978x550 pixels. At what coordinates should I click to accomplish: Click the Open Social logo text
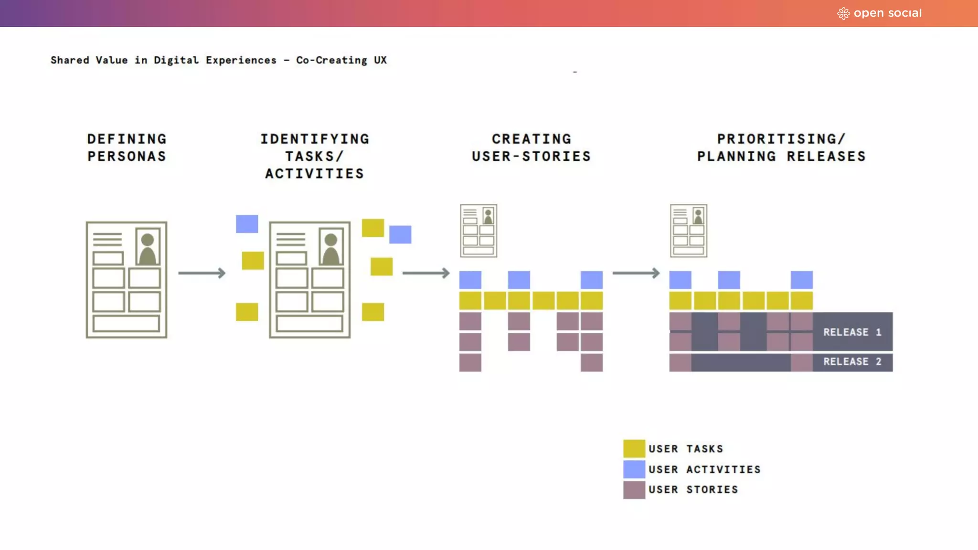tap(887, 13)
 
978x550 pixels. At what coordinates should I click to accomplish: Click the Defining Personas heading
tap(127, 148)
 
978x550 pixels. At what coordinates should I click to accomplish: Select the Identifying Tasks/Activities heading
tap(315, 156)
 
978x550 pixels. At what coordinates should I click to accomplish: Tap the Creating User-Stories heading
tap(531, 148)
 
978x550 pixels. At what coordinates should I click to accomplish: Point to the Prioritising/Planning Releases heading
tap(781, 148)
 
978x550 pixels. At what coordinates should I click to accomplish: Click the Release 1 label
tap(852, 332)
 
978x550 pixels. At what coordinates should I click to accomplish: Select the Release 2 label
tap(852, 362)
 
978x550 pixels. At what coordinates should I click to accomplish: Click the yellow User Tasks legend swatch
tap(634, 449)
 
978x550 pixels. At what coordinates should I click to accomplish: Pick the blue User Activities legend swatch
tap(634, 469)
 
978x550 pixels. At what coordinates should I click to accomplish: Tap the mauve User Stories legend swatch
tap(634, 490)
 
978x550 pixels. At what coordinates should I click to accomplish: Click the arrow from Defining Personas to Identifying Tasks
tap(202, 273)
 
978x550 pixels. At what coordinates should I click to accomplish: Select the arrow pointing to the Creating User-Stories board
tap(426, 273)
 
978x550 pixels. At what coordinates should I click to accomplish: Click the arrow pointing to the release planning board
tap(636, 273)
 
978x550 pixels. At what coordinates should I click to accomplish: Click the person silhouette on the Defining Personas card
tap(148, 248)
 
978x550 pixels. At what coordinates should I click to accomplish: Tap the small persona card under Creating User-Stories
tap(478, 231)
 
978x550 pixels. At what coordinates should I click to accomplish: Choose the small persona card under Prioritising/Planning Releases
tap(688, 231)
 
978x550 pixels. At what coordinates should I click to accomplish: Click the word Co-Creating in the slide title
tap(331, 60)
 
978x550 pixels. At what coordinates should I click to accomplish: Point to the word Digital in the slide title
tap(176, 60)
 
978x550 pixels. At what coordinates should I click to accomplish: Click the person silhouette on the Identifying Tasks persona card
tap(331, 248)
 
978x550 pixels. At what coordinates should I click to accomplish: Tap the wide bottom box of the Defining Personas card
tap(127, 323)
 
